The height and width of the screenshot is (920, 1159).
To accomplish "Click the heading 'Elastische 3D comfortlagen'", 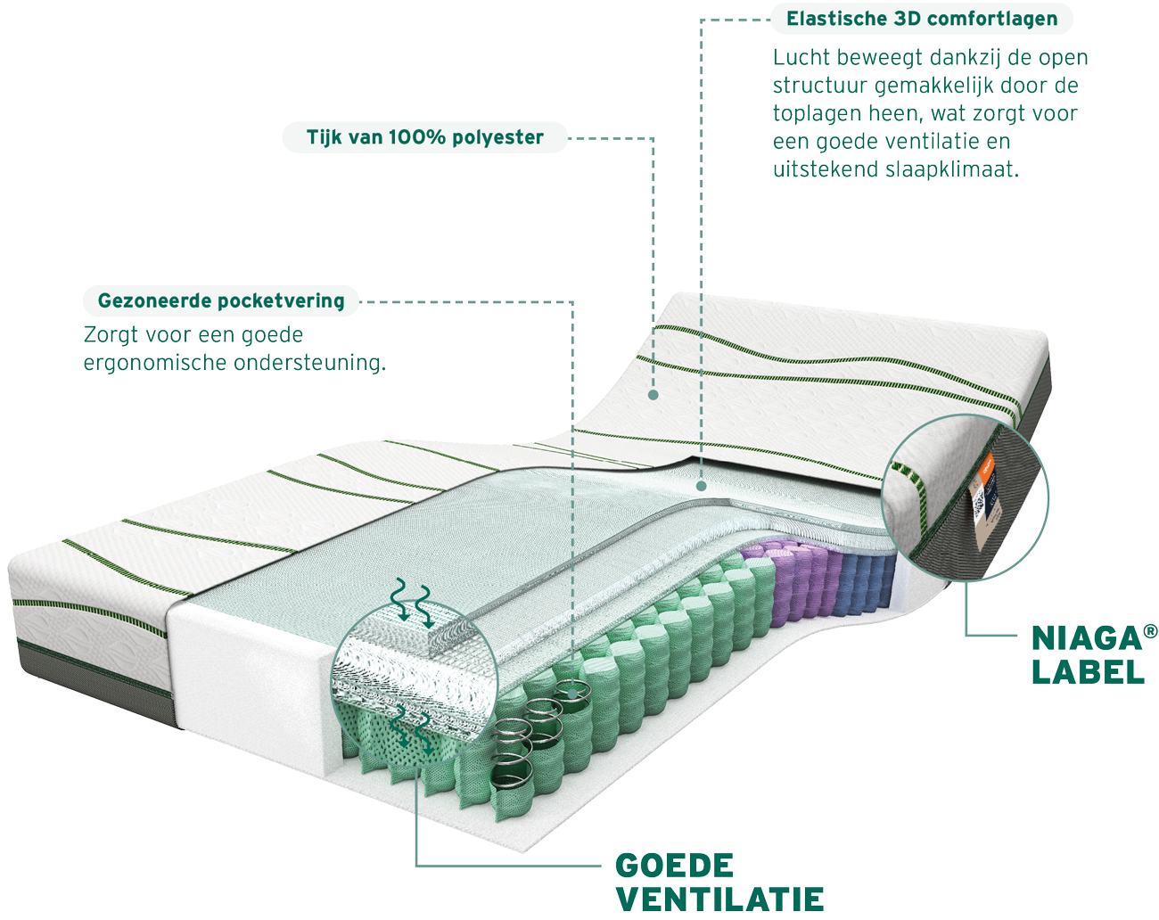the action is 922,19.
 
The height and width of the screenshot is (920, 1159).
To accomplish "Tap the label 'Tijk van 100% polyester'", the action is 425,137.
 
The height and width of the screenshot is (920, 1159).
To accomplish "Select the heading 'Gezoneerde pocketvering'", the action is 221,300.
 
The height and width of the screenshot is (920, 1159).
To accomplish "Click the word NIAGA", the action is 1086,639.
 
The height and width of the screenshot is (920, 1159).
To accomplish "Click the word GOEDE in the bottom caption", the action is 674,866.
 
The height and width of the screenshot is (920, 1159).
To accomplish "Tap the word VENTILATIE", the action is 719,899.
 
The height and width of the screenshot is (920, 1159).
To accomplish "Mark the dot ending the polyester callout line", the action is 653,395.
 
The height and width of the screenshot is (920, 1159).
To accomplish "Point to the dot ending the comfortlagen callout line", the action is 702,486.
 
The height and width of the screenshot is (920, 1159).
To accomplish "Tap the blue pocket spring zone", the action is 867,582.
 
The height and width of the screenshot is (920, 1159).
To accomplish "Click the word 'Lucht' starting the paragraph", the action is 801,58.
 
